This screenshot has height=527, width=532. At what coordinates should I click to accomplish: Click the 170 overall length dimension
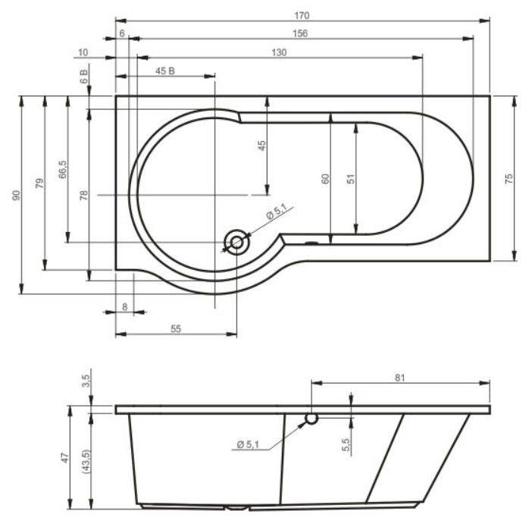pos(304,15)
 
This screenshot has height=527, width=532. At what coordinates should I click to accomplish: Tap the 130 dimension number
pos(278,52)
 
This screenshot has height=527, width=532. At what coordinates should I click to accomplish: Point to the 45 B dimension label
pos(165,71)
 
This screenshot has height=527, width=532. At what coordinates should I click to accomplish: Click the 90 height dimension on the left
pos(17,196)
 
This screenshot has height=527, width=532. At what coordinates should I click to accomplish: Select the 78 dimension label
pos(84,195)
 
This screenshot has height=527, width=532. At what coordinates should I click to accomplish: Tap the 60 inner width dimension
pos(326,179)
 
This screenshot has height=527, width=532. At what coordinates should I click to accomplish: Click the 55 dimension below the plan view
pos(175,329)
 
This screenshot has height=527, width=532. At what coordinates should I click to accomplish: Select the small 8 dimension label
pos(124,307)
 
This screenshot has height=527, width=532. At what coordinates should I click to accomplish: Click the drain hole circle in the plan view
pos(236,243)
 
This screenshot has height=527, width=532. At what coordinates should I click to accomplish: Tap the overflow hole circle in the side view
pos(311,419)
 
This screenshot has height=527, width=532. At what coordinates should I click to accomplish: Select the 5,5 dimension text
pos(346,446)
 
